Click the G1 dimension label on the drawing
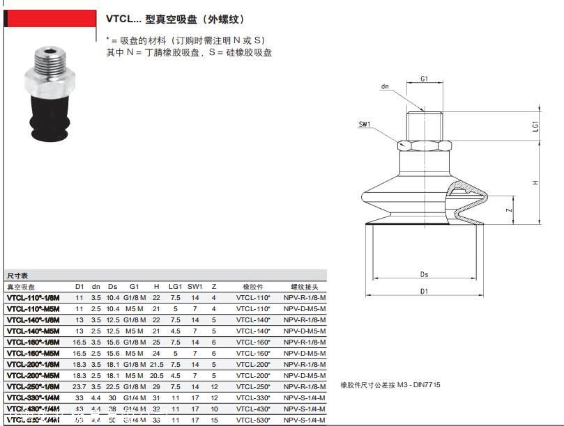[x=425, y=79]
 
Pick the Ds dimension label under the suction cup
[x=425, y=274]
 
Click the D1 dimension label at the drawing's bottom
[x=424, y=291]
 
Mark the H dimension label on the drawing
[x=535, y=182]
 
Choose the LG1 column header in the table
[x=175, y=287]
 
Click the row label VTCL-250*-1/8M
[x=33, y=386]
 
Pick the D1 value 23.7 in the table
[x=79, y=386]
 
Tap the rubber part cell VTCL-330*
[x=252, y=397]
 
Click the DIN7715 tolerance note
[x=390, y=385]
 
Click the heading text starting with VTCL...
[x=174, y=19]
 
